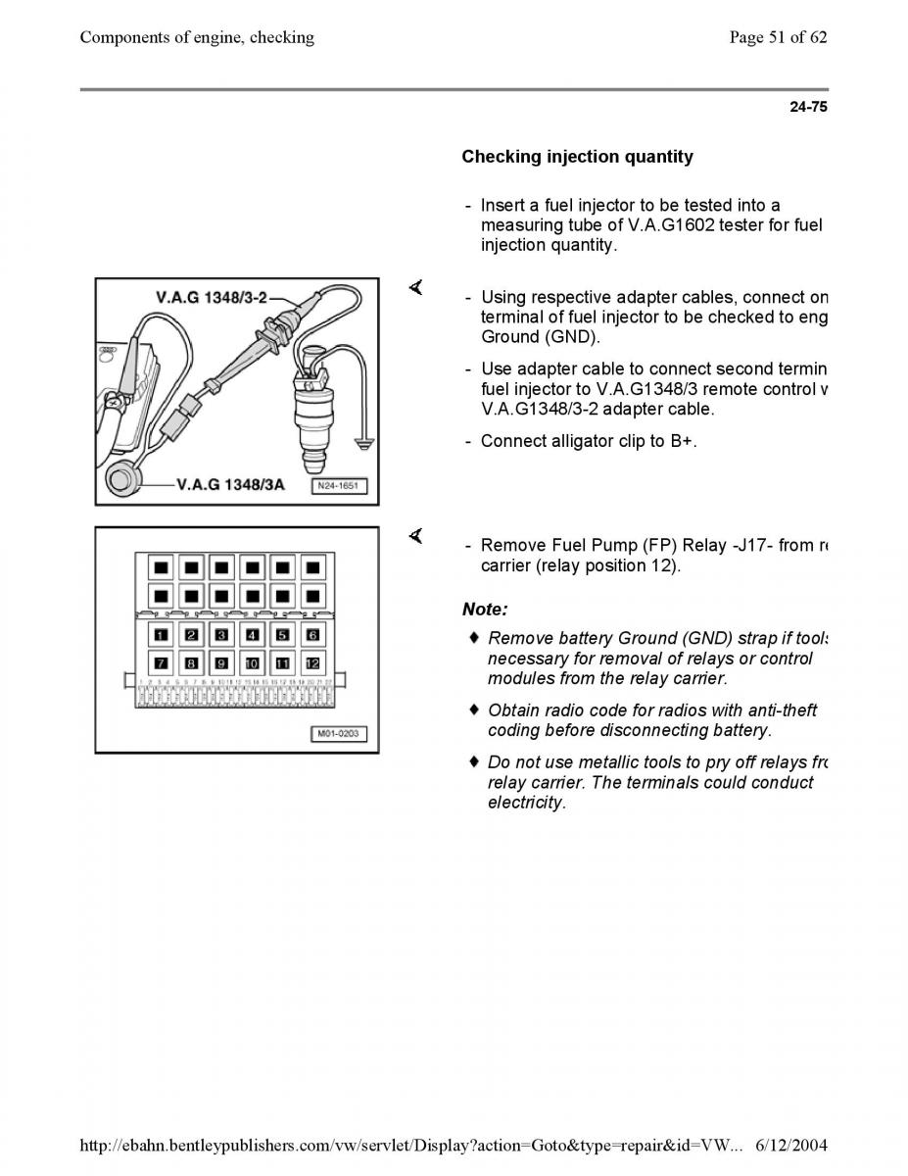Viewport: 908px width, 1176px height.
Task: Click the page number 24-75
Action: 808,108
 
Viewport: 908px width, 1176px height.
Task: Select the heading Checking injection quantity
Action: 577,157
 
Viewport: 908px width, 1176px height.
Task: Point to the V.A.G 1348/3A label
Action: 230,484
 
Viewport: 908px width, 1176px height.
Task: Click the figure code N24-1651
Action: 340,486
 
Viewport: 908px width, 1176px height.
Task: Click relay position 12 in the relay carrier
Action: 312,662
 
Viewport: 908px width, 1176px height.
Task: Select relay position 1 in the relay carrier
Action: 160,635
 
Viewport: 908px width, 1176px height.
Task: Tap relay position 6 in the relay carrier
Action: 312,635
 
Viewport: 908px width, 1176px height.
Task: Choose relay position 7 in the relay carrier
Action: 160,662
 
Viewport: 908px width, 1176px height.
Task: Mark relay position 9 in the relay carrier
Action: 220,662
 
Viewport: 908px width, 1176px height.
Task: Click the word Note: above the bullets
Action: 485,610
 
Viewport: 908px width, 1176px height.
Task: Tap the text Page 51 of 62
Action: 779,37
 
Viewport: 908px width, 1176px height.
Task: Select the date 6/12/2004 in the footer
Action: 791,1145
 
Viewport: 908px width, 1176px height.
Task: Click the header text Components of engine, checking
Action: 197,37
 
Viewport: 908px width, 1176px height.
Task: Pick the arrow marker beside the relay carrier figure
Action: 415,536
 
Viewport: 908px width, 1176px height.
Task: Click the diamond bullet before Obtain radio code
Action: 474,709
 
